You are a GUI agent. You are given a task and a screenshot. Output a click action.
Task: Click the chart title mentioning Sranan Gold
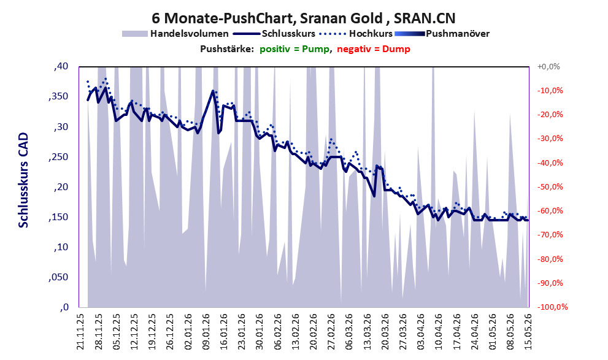304,18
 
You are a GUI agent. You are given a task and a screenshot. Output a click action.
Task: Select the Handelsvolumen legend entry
175,34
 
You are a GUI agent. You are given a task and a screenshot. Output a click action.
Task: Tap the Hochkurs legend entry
356,34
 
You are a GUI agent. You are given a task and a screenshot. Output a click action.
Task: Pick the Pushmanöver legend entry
442,34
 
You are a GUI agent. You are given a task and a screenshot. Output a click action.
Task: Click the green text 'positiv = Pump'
294,49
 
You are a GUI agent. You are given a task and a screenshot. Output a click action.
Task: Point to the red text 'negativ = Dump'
374,49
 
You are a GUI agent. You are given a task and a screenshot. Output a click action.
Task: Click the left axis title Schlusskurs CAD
24,180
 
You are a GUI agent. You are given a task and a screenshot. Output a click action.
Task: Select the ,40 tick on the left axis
61,67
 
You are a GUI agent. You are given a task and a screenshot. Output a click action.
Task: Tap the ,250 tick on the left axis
58,157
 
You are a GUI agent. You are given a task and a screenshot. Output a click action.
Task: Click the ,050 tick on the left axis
58,277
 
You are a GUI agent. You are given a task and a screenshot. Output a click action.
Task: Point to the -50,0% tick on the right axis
550,187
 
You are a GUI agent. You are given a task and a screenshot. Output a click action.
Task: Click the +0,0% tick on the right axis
548,67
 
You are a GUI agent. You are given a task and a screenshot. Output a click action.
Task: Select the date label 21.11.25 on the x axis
80,332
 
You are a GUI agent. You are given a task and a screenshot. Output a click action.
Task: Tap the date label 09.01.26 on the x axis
206,332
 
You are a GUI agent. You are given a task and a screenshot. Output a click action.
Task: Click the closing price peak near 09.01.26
212,91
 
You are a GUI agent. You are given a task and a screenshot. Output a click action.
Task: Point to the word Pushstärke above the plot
227,49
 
